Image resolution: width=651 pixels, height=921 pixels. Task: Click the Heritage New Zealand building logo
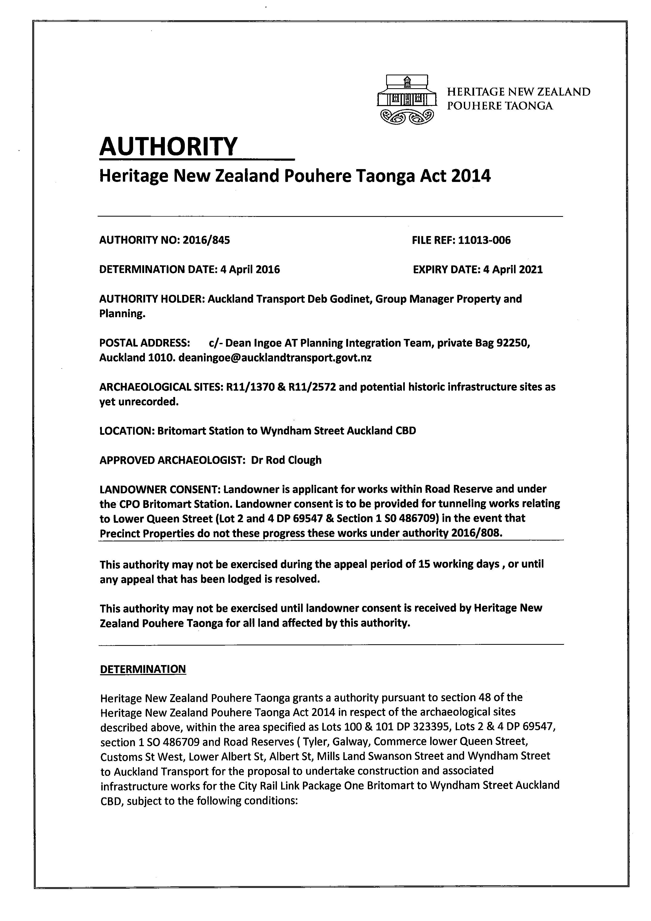pyautogui.click(x=406, y=98)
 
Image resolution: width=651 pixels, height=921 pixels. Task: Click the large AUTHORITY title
pyautogui.click(x=169, y=147)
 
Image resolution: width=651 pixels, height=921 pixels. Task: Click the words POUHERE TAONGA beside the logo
pyautogui.click(x=500, y=106)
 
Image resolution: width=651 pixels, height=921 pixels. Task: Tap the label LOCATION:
pyautogui.click(x=127, y=431)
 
